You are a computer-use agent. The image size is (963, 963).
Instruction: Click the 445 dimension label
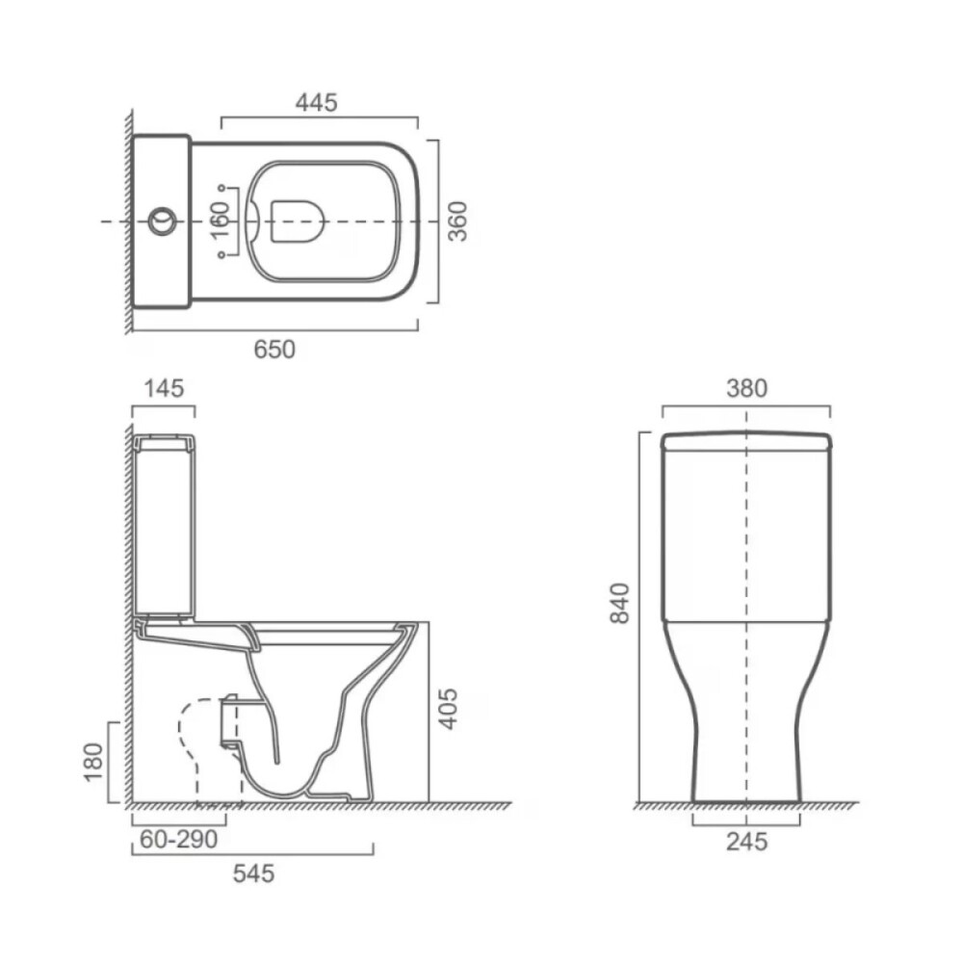coord(316,103)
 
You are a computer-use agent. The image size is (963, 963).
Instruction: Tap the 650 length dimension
coord(274,350)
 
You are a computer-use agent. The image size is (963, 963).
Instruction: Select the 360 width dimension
coord(456,221)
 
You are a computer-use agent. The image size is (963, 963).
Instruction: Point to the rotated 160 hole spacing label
coord(220,221)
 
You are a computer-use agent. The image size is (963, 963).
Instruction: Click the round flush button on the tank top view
coord(162,221)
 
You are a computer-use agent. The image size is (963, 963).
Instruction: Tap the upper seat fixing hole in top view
coord(221,187)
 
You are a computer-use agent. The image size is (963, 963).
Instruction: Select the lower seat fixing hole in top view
coord(221,255)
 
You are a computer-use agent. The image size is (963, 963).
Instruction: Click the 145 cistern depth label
coord(164,388)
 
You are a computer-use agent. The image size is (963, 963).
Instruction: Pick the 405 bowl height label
coord(449,709)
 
